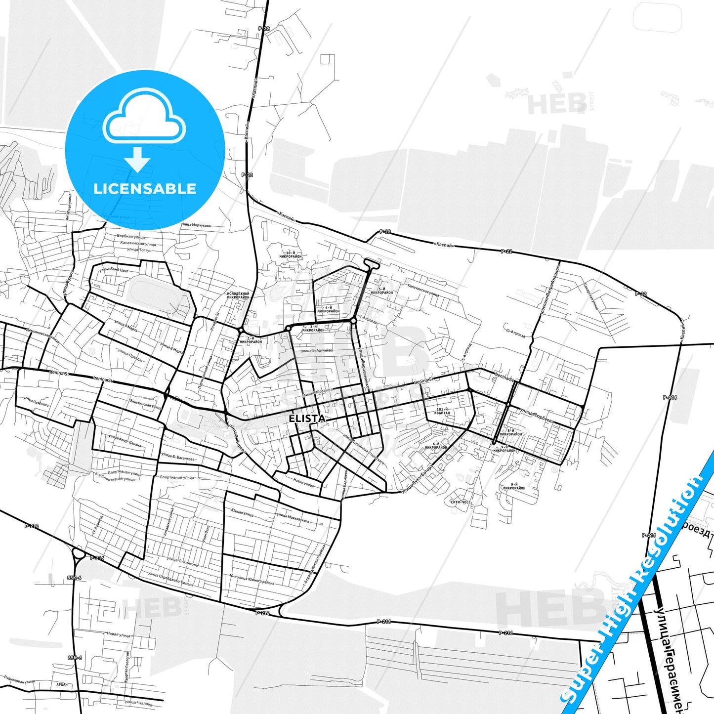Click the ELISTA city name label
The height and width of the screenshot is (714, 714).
(x=307, y=419)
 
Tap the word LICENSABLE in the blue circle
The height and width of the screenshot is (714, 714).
(x=145, y=188)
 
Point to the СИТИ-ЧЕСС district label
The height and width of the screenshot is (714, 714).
(x=461, y=502)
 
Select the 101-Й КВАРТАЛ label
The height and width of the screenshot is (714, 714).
(x=442, y=411)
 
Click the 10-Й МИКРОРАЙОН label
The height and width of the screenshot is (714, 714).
(x=291, y=255)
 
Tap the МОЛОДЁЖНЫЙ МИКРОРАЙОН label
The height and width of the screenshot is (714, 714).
(x=238, y=295)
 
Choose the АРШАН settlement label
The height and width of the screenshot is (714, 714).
(x=62, y=684)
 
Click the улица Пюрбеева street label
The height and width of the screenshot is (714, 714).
(x=537, y=416)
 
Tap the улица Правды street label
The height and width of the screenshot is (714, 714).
(x=130, y=355)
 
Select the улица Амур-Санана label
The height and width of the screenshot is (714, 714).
(x=125, y=441)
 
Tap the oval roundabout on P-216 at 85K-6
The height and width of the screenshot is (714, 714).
(x=79, y=553)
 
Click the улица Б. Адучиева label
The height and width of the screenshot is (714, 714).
(x=317, y=350)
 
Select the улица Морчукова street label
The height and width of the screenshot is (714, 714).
(x=196, y=225)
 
